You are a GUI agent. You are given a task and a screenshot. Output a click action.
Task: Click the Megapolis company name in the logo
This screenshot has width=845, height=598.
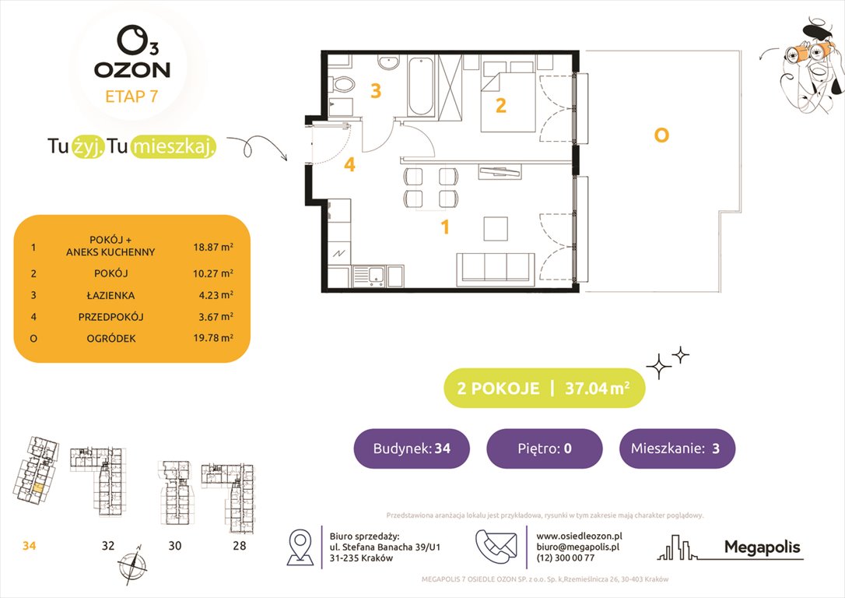point(762,547)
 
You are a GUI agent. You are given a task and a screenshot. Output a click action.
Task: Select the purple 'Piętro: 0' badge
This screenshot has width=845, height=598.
point(544,448)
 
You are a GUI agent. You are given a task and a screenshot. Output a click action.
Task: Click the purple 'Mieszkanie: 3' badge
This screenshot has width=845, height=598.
point(677,448)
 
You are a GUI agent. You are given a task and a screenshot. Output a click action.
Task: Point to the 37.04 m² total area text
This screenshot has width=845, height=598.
point(601,387)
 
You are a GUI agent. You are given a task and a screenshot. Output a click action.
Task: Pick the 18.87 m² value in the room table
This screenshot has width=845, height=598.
point(213,247)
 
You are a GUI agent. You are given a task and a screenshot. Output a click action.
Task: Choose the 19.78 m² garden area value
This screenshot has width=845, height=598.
point(213,339)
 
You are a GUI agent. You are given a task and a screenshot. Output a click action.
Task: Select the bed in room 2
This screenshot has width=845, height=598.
point(510,95)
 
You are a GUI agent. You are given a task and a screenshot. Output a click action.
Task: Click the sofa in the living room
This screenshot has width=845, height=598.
point(495,267)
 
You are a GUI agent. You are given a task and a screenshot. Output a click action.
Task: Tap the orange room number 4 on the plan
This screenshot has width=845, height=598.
point(350,165)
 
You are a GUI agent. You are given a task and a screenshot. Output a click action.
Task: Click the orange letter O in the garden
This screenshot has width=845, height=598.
point(661,135)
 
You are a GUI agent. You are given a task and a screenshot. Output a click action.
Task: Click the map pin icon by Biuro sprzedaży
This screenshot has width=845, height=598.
point(300,547)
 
